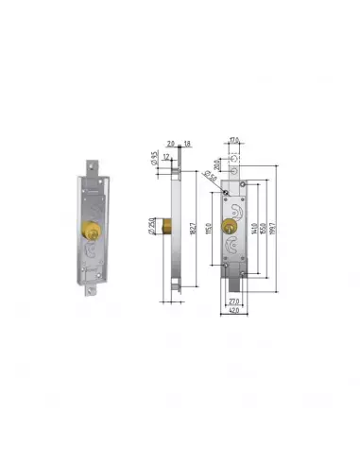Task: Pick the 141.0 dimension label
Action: point(258,228)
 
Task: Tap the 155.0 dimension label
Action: point(268,228)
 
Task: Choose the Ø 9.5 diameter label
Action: point(153,158)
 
